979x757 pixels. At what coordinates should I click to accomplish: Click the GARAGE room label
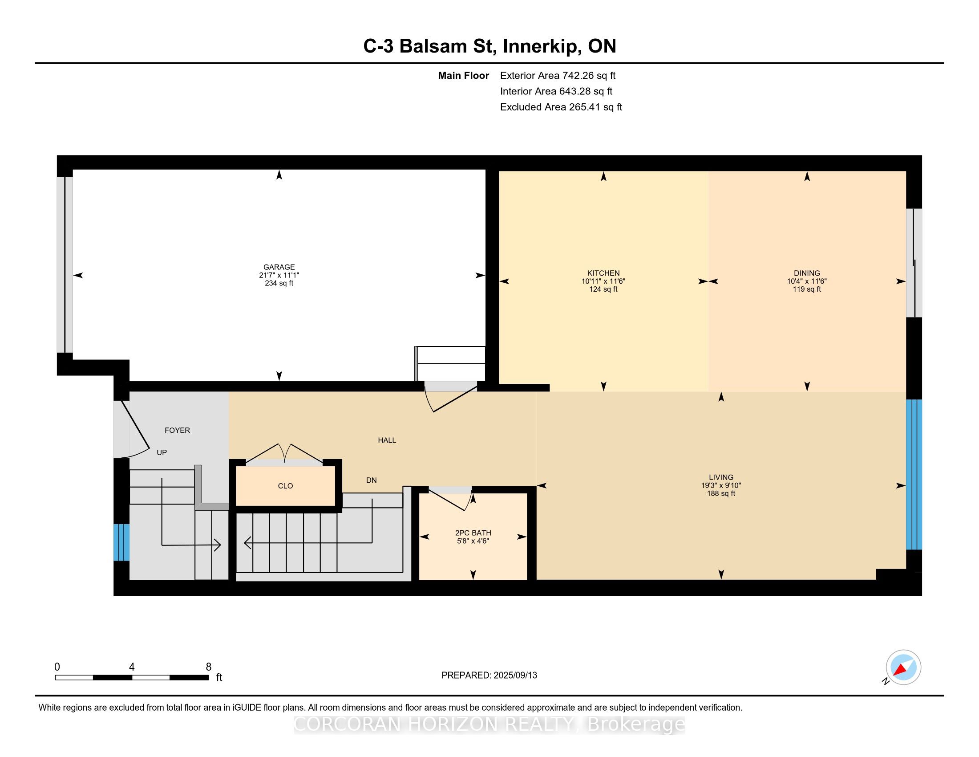pyautogui.click(x=279, y=267)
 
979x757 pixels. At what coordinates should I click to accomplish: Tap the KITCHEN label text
pyautogui.click(x=603, y=273)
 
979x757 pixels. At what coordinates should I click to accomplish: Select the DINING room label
pyautogui.click(x=807, y=273)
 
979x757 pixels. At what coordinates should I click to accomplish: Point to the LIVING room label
pyautogui.click(x=721, y=477)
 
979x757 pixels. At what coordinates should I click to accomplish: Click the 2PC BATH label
pyautogui.click(x=473, y=533)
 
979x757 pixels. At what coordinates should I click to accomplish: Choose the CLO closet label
pyautogui.click(x=286, y=486)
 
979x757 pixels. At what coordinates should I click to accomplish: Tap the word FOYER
pyautogui.click(x=177, y=430)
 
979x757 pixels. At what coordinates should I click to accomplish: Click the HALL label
pyautogui.click(x=387, y=440)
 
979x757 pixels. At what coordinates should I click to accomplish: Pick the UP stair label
pyautogui.click(x=162, y=452)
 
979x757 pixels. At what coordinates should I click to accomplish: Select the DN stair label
pyautogui.click(x=371, y=480)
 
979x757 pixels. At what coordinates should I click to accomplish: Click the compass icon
pyautogui.click(x=904, y=667)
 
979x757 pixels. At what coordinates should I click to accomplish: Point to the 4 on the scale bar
pyautogui.click(x=132, y=667)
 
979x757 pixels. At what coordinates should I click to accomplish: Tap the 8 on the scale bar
pyautogui.click(x=208, y=667)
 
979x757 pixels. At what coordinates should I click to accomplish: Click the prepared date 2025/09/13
pyautogui.click(x=515, y=676)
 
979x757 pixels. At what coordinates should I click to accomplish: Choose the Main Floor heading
pyautogui.click(x=464, y=75)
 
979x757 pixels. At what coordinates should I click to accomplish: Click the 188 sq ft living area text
pyautogui.click(x=721, y=493)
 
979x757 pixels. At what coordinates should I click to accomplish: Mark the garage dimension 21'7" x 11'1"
pyautogui.click(x=279, y=275)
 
